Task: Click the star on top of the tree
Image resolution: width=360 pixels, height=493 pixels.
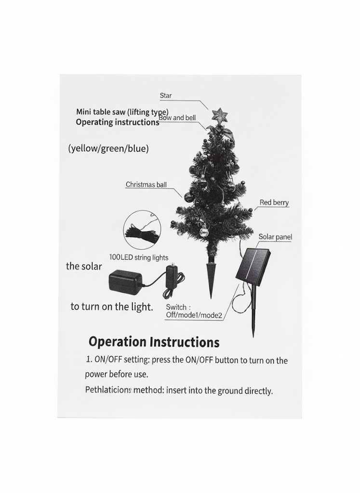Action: click(x=219, y=115)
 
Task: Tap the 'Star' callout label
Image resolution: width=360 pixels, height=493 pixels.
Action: click(x=166, y=96)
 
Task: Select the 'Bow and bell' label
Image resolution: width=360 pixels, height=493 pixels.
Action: click(x=177, y=118)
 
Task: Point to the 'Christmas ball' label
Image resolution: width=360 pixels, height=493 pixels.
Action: click(x=146, y=184)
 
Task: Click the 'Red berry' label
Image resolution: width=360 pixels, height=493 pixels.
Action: click(x=274, y=203)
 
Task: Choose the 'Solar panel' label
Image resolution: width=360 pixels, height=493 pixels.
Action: click(x=275, y=237)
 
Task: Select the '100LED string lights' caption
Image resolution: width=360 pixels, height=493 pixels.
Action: click(x=139, y=258)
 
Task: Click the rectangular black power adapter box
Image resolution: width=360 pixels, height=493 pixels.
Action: click(x=125, y=282)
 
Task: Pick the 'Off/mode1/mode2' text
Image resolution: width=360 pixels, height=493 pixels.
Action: click(x=194, y=315)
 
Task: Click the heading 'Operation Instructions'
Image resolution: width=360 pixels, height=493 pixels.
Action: click(x=154, y=342)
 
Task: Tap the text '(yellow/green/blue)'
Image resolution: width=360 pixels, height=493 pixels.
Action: click(x=108, y=148)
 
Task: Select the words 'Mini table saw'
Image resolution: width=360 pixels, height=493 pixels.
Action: click(x=101, y=112)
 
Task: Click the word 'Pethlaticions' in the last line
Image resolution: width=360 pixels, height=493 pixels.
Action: click(x=108, y=390)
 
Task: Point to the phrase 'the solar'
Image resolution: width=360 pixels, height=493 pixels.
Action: click(x=84, y=266)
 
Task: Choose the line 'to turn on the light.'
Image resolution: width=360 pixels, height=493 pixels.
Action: click(x=112, y=307)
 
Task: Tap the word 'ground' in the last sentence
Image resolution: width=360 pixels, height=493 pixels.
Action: click(x=230, y=390)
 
